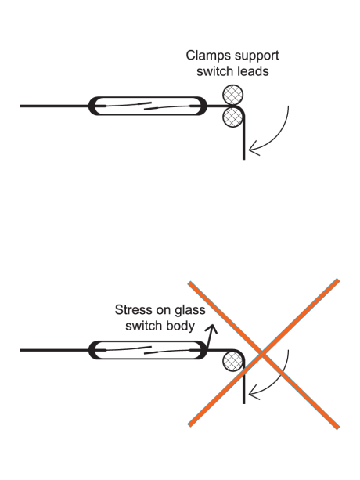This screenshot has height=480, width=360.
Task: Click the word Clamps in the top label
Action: click(x=204, y=56)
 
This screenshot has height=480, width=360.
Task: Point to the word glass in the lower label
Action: click(x=189, y=311)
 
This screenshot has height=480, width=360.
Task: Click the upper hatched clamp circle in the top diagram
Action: click(x=232, y=96)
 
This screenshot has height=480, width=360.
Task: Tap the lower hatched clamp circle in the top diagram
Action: click(x=232, y=117)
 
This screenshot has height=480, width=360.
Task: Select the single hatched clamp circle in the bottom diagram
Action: click(x=232, y=361)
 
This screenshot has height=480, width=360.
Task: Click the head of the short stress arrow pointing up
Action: click(x=211, y=328)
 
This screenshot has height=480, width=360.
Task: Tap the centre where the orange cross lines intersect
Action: click(x=263, y=354)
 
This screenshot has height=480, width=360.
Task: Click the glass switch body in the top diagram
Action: click(x=148, y=106)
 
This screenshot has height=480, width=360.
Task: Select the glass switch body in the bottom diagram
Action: click(x=148, y=350)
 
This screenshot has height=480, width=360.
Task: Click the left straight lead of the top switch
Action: click(x=55, y=106)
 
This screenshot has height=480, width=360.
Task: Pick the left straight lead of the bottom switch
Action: click(x=55, y=350)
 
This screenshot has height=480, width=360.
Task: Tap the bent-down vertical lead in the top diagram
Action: click(x=243, y=137)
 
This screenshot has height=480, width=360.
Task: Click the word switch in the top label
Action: click(x=211, y=71)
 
